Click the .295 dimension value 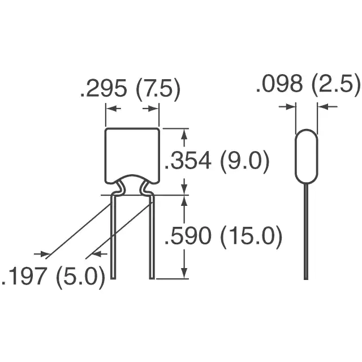(104, 88)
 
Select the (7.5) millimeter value (158, 89)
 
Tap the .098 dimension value (279, 84)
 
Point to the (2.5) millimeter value (336, 85)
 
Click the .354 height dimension (187, 160)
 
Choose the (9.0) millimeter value (245, 161)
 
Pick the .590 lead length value (187, 235)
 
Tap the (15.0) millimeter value (251, 236)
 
